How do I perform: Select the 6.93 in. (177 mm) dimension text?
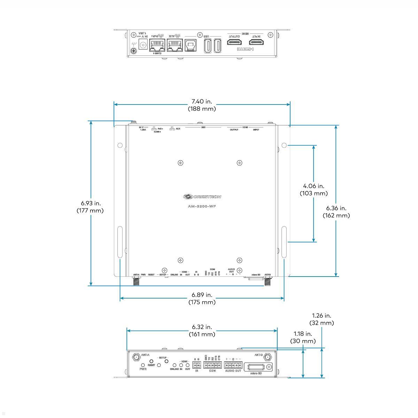[x=90, y=207]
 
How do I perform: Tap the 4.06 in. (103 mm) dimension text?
[x=313, y=189]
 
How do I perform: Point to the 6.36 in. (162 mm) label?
[x=336, y=211]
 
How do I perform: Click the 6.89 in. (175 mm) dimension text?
[x=202, y=299]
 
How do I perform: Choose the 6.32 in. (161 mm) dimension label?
[x=202, y=331]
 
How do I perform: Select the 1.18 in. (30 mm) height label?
[x=303, y=337]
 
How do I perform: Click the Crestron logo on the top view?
[x=202, y=196]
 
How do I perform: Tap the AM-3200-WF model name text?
[x=202, y=206]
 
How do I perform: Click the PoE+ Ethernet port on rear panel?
[x=157, y=45]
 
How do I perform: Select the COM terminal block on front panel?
[x=212, y=365]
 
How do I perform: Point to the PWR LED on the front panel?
[x=143, y=365]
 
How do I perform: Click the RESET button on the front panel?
[x=152, y=361]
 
